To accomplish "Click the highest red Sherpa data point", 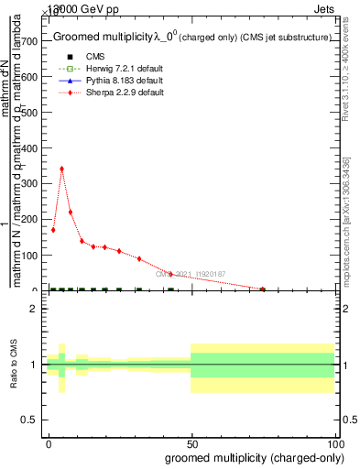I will [61, 169].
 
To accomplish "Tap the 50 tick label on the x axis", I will [191, 444].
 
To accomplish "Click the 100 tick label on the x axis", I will [334, 444].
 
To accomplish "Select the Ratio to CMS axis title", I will [13, 364].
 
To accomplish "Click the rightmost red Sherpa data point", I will [263, 289].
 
